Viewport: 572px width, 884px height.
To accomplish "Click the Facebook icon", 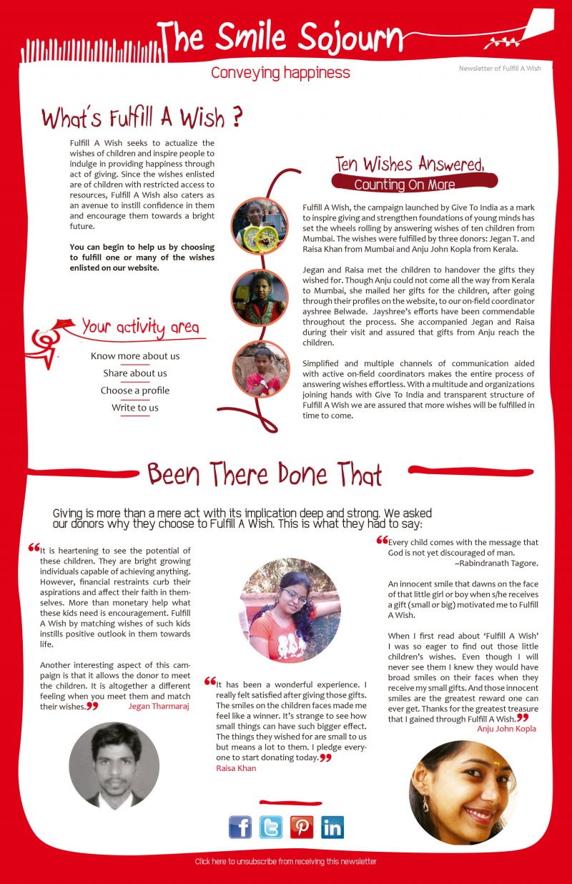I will click(x=240, y=827).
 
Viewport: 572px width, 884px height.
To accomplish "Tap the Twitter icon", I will click(x=271, y=827).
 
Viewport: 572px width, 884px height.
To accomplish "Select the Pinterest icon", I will click(x=302, y=827).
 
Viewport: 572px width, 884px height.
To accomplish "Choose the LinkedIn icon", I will click(x=332, y=827).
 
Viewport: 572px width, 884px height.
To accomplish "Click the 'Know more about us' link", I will click(x=135, y=356).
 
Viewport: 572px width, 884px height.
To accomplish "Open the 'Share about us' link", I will click(x=135, y=373).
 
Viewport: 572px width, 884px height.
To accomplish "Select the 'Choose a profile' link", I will click(x=135, y=391).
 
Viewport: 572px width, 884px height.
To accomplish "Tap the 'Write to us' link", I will click(x=135, y=408).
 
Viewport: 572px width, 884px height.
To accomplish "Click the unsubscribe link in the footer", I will click(x=285, y=862).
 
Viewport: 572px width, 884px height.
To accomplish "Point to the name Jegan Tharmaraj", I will click(x=159, y=706).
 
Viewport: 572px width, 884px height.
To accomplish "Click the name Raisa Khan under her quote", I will click(x=235, y=768).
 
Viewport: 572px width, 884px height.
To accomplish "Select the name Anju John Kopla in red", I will click(x=506, y=729).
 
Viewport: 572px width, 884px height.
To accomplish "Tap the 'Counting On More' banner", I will click(x=405, y=185).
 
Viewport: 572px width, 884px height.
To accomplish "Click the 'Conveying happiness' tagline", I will click(x=280, y=73).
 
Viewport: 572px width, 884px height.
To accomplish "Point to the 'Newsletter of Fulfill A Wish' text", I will click(x=500, y=69).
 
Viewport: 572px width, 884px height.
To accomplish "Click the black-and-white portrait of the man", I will click(x=114, y=765).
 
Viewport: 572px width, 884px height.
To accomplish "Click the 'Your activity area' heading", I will click(x=140, y=328).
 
